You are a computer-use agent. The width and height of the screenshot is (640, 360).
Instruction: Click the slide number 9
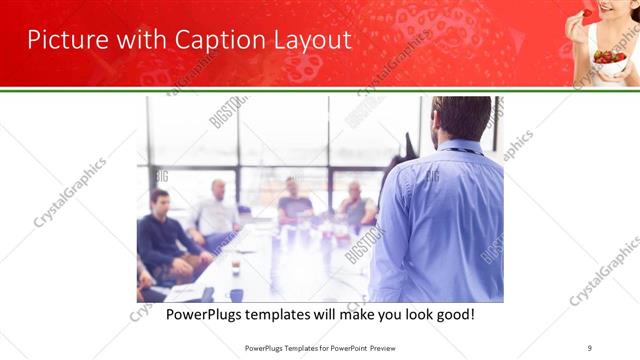click(x=591, y=347)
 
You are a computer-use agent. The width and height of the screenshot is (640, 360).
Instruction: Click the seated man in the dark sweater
click(x=160, y=232)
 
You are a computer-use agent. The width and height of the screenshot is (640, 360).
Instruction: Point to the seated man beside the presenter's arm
click(x=355, y=205)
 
